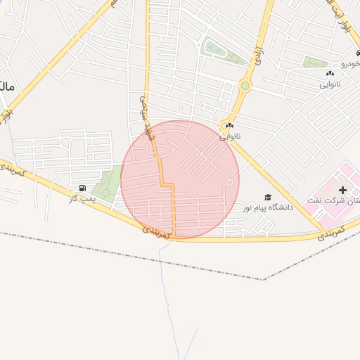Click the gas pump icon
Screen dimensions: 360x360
click(x=84, y=188)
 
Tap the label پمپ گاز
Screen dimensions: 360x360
click(x=82, y=199)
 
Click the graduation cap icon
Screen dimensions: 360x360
click(x=267, y=198)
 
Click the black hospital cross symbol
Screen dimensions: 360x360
click(x=343, y=190)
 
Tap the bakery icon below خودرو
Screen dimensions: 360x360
click(x=330, y=73)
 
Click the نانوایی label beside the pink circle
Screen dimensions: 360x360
click(x=230, y=136)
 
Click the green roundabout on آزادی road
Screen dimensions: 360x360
click(x=245, y=86)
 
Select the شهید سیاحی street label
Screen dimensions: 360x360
click(x=146, y=118)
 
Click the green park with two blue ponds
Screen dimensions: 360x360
click(x=216, y=49)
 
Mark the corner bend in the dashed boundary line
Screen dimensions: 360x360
click(x=263, y=280)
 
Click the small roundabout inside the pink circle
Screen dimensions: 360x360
click(x=230, y=183)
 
